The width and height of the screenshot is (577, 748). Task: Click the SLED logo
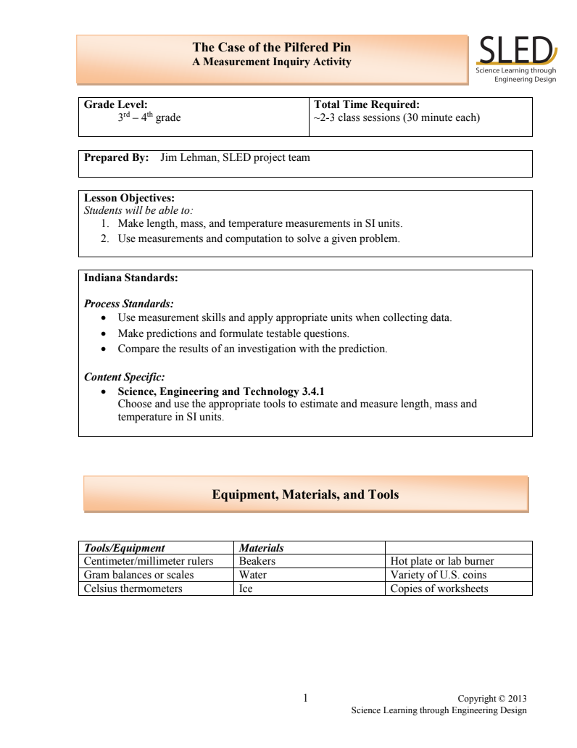pos(515,58)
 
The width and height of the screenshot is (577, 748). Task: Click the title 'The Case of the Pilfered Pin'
pos(271,48)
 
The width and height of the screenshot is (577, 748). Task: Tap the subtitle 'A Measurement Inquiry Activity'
pos(271,62)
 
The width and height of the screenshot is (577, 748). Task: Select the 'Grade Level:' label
pos(116,104)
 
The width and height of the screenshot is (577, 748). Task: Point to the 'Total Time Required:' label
pos(366,104)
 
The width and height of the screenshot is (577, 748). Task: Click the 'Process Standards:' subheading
pos(128,304)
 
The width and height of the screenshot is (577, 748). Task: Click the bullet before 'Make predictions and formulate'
pos(106,333)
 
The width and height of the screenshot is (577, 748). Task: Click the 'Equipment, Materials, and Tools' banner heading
pos(305,495)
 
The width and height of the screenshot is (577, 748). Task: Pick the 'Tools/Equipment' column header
pos(124,548)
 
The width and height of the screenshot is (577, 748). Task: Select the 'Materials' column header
pos(261,548)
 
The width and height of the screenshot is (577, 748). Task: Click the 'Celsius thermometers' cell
pos(133,589)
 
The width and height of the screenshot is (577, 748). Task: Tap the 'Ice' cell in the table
pos(246,589)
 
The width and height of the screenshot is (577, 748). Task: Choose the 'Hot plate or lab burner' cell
pos(441,561)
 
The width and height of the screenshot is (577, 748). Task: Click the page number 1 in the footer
pos(305,698)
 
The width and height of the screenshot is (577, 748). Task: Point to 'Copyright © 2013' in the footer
pos(492,699)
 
